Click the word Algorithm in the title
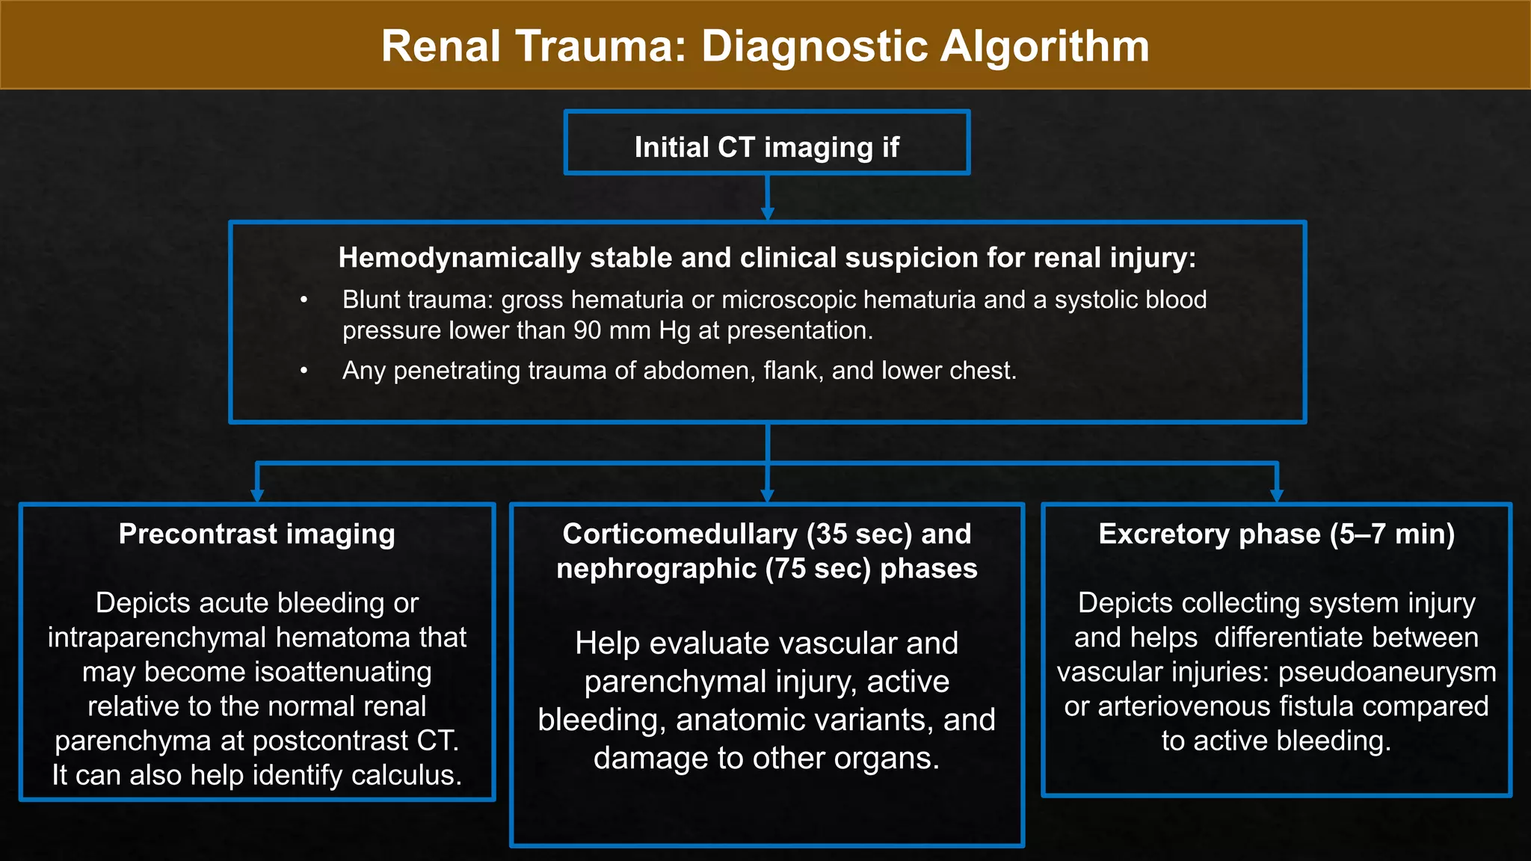[1044, 46]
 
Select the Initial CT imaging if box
[767, 143]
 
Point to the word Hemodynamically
[460, 258]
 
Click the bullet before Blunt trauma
[304, 300]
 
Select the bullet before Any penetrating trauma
[304, 371]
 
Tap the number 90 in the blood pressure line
[588, 330]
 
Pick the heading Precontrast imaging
[257, 534]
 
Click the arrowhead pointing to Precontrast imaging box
[257, 496]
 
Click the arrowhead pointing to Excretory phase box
[1277, 496]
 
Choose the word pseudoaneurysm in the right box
[1387, 672]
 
